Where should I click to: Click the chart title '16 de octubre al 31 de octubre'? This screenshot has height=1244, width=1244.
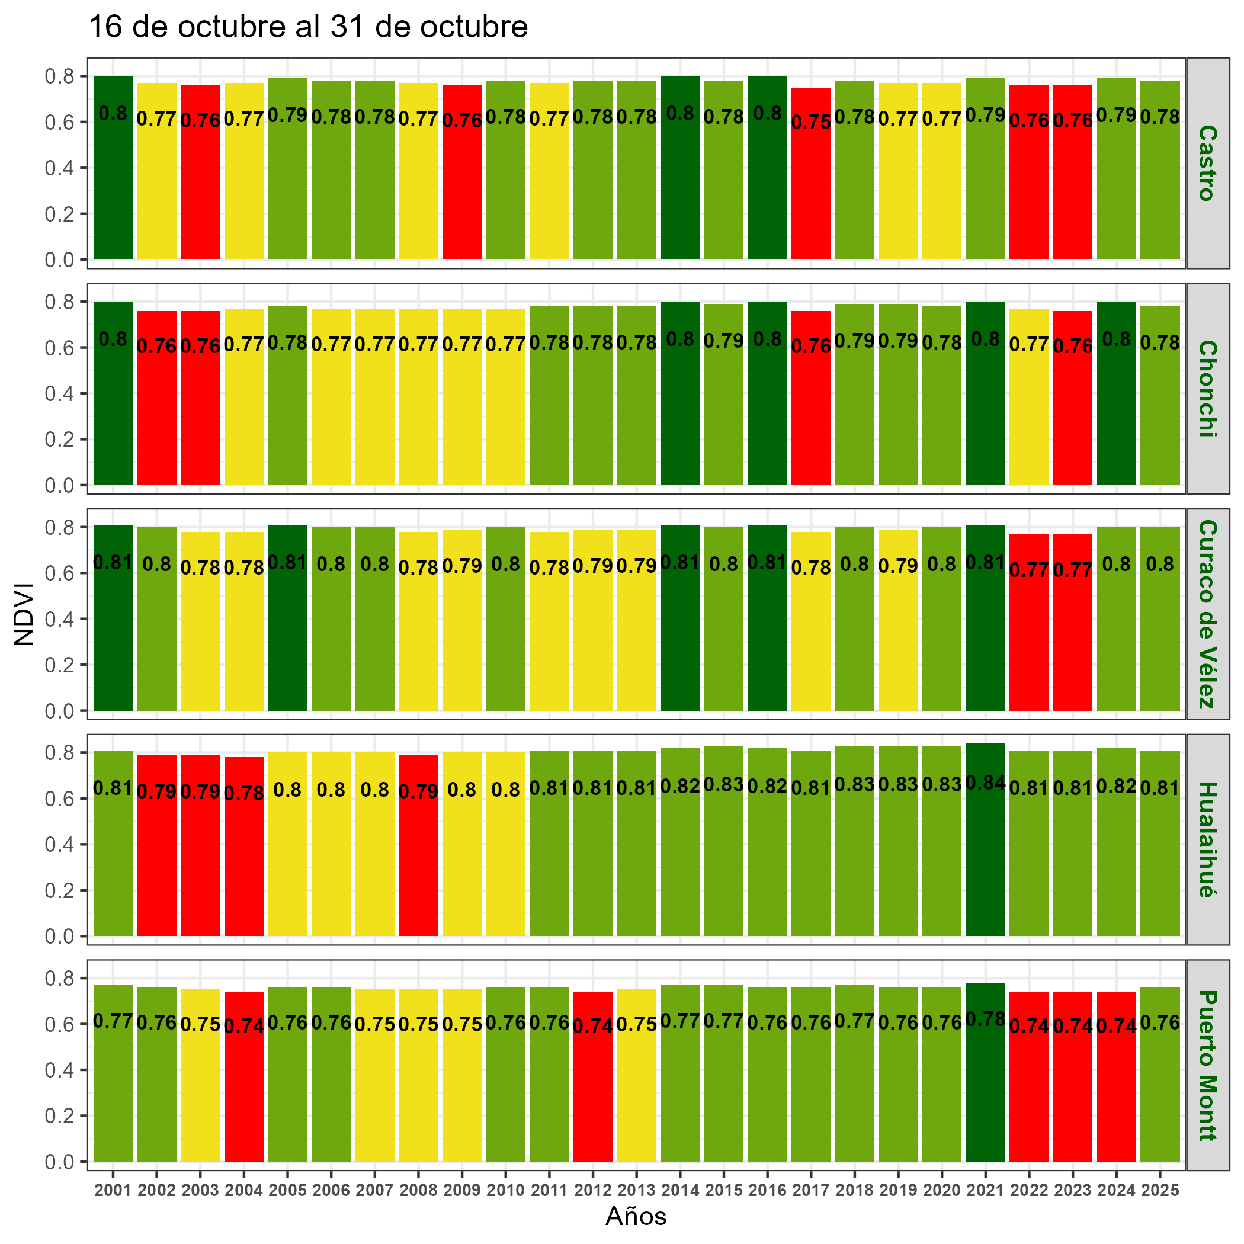308,28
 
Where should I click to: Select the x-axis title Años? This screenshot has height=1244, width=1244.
636,1216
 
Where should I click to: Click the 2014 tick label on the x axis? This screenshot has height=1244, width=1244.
680,1191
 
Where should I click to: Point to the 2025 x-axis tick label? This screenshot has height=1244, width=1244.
1160,1191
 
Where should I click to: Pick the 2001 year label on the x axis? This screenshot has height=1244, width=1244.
113,1191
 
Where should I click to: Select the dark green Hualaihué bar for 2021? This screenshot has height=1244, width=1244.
985,850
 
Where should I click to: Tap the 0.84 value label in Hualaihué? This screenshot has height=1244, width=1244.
985,784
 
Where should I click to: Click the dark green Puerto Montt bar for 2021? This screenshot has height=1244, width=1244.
985,1082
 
